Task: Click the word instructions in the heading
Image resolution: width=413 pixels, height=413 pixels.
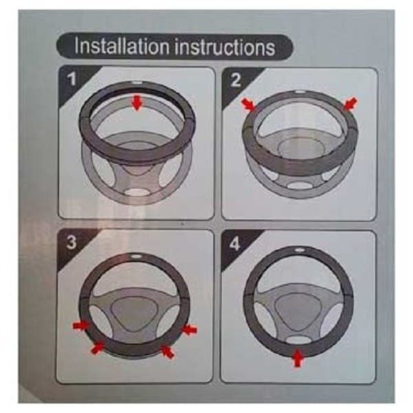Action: click(x=225, y=47)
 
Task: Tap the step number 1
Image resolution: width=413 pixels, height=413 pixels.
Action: click(x=72, y=78)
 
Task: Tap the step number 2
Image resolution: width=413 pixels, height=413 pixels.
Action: click(x=235, y=80)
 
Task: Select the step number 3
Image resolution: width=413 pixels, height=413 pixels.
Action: click(x=72, y=242)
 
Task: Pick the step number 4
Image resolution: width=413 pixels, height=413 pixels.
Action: click(x=235, y=244)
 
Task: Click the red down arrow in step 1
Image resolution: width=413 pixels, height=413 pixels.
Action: click(x=137, y=103)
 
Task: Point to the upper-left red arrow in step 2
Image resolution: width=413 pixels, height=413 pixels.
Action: click(x=248, y=104)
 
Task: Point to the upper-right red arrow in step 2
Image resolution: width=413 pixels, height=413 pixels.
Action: click(x=350, y=103)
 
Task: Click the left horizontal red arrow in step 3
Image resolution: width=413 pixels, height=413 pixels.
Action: click(x=81, y=326)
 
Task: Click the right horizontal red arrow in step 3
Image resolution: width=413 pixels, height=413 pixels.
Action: click(x=189, y=330)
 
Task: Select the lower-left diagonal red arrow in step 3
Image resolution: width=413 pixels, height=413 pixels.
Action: click(x=97, y=347)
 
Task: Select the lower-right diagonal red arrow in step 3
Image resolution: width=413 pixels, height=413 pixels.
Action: click(x=167, y=351)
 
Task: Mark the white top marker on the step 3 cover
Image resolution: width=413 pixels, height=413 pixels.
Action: click(x=136, y=256)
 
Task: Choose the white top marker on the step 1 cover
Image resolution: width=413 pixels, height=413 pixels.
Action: click(x=137, y=83)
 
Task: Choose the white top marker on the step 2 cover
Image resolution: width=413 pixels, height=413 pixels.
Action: click(x=299, y=92)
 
